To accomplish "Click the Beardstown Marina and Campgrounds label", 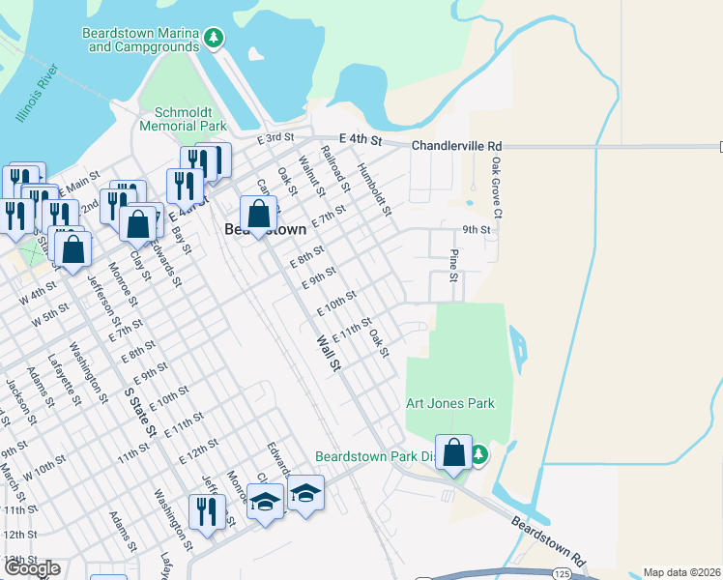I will [140, 39].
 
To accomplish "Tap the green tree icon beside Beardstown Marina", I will [215, 39].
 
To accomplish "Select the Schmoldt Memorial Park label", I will [183, 119].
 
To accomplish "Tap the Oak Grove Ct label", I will [497, 179].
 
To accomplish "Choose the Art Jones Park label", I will [449, 403].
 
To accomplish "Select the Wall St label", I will [330, 353].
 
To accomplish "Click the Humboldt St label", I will [374, 188].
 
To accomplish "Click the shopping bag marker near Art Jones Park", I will [454, 451].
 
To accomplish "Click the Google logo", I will [31, 568].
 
